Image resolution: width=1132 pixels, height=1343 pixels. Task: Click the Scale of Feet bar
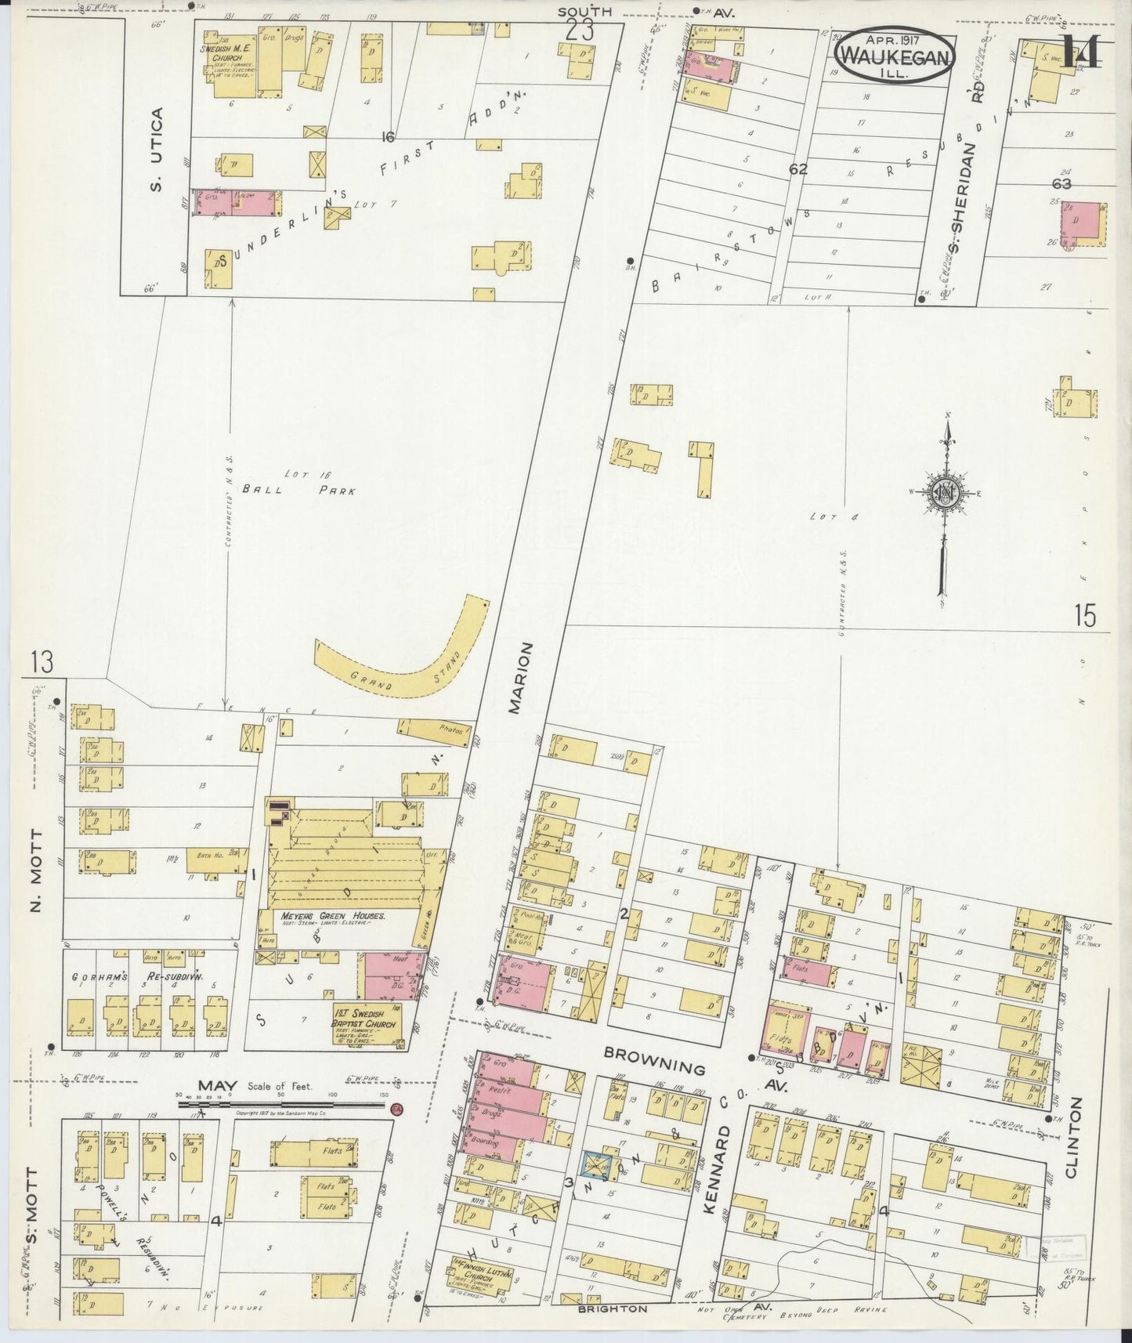click(282, 1105)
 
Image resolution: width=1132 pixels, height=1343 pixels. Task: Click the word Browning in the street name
click(654, 1068)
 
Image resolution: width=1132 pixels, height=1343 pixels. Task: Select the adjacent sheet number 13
click(42, 662)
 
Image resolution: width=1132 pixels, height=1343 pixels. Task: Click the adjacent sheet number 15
click(1085, 617)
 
